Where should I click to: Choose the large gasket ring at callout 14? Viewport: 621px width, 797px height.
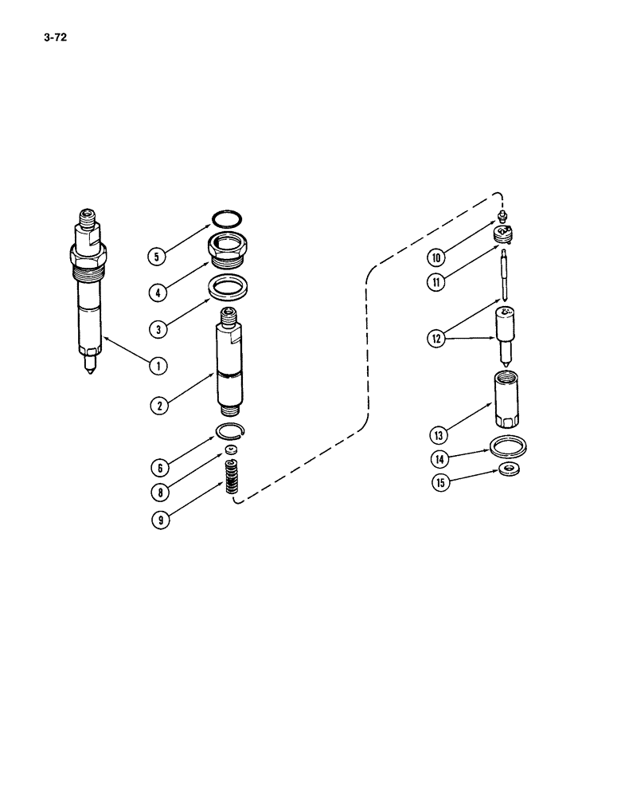pos(507,445)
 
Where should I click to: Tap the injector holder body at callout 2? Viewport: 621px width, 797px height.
pos(229,359)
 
